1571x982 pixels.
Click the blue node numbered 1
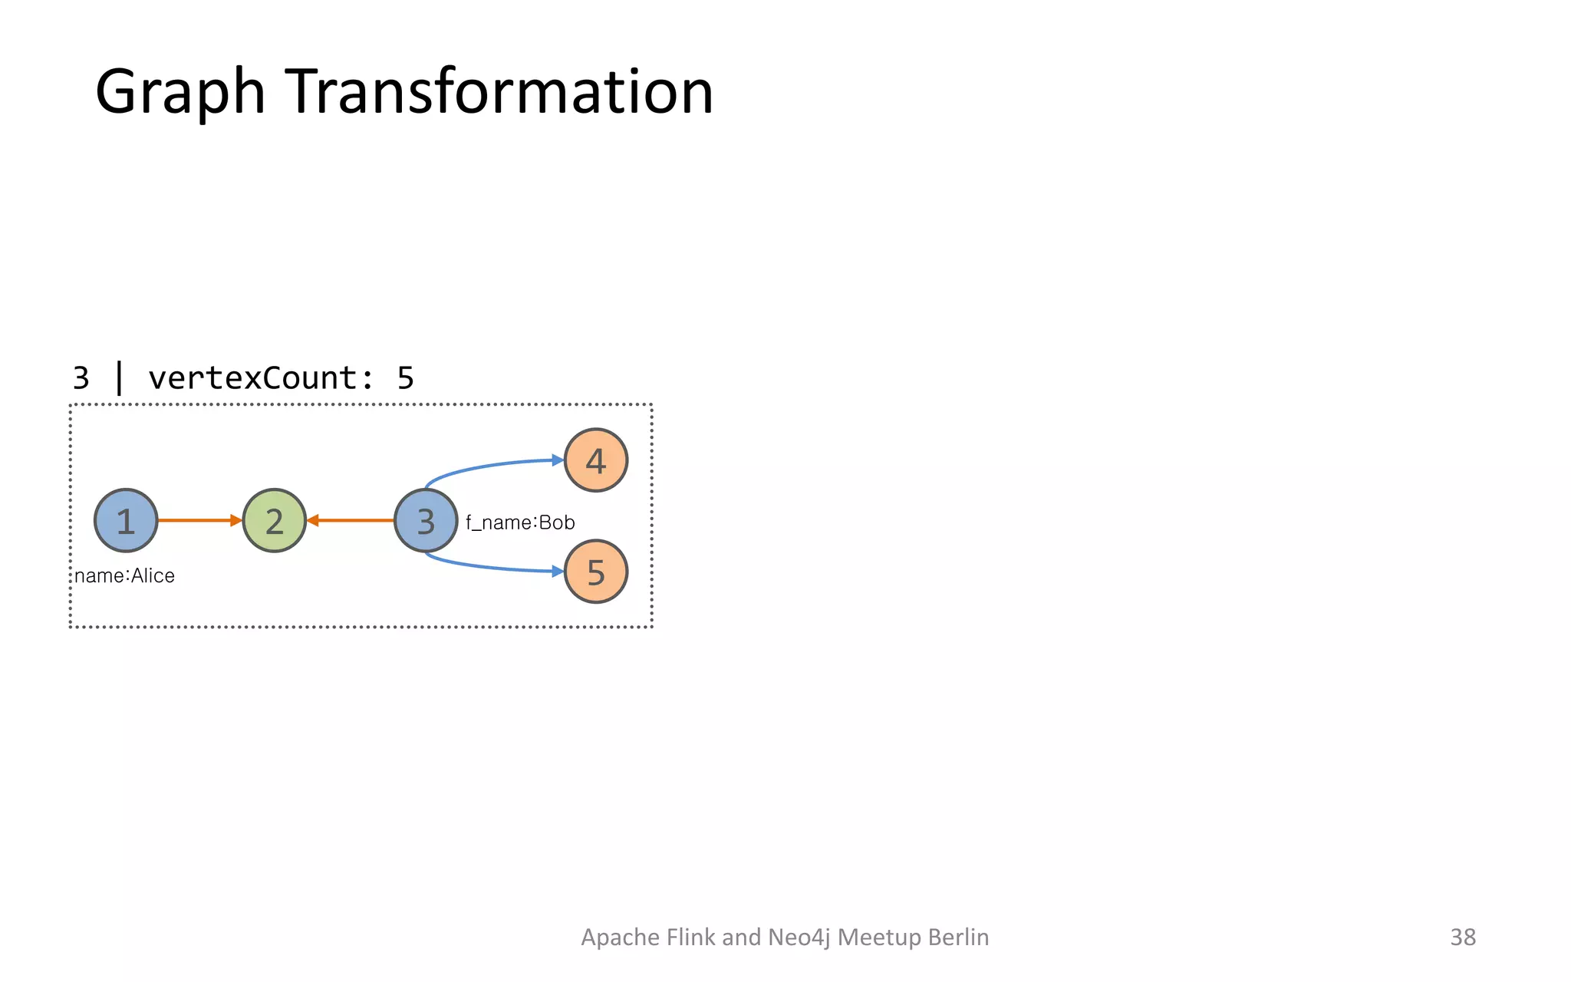(x=126, y=520)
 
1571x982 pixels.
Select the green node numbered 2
(x=275, y=520)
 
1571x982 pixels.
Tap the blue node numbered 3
(x=426, y=520)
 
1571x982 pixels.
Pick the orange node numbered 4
(x=596, y=460)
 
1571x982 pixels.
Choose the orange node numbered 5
(x=596, y=572)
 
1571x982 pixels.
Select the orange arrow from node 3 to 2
(x=351, y=520)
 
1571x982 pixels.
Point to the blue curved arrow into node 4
(x=491, y=465)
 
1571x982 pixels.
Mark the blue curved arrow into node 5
(x=491, y=567)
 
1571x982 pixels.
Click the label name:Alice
(x=124, y=575)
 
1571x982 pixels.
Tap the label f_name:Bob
(x=520, y=522)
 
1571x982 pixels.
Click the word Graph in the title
(x=179, y=92)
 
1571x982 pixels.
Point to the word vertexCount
(x=252, y=378)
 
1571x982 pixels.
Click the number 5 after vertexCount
(x=405, y=378)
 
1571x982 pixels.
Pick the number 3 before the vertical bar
(x=81, y=378)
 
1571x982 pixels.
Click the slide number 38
(x=1462, y=937)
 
